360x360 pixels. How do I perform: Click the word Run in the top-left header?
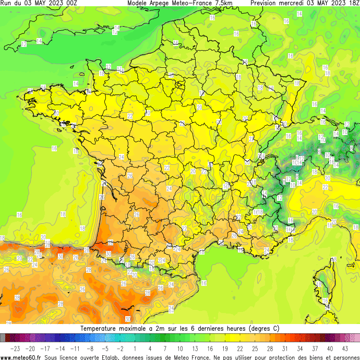click(6, 3)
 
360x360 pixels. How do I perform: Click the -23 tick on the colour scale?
click(15, 348)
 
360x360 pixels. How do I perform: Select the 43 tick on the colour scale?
click(345, 348)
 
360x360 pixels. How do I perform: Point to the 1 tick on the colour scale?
click(135, 348)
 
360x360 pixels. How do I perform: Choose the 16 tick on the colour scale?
click(210, 348)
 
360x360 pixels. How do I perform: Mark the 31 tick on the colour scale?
click(285, 348)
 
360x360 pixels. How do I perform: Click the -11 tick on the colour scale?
click(75, 348)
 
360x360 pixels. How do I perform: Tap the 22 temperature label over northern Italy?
click(325, 187)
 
